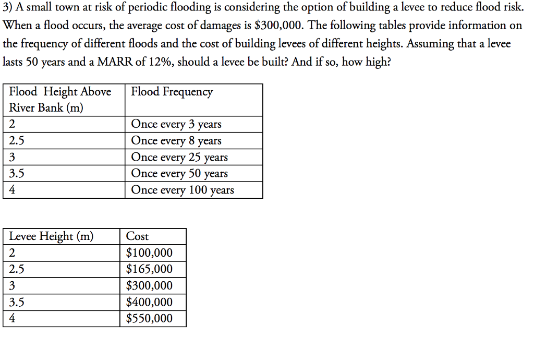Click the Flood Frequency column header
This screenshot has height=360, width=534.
[x=172, y=92]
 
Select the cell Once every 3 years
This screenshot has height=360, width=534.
[x=176, y=124]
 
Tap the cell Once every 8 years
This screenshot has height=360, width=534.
[x=176, y=141]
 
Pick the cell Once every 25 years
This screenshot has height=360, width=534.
[x=179, y=157]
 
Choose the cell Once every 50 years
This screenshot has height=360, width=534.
[x=179, y=174]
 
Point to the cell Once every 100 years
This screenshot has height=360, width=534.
[x=183, y=190]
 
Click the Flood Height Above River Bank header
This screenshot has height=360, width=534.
[x=60, y=100]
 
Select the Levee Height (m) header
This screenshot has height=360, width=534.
[x=51, y=236]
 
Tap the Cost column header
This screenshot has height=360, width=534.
[x=138, y=236]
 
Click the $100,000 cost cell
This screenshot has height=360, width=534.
[x=149, y=253]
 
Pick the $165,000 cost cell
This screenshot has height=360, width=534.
[x=149, y=269]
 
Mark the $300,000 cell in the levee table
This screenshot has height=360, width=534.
[x=149, y=286]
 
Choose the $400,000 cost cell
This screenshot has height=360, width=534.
[x=149, y=302]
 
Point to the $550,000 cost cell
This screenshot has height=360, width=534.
[x=149, y=319]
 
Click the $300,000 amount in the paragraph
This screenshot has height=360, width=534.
[x=280, y=26]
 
